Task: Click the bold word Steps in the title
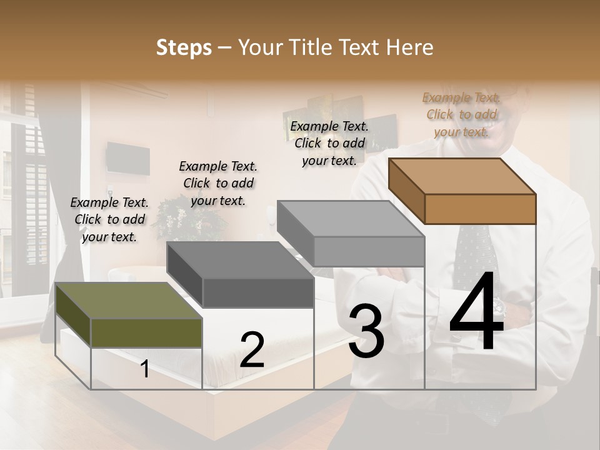(184, 47)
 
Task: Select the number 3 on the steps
(366, 331)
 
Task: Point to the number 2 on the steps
(252, 350)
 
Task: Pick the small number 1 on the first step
(145, 369)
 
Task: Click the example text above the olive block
(110, 219)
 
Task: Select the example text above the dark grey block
(218, 183)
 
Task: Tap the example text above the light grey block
(329, 143)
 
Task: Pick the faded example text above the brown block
(462, 114)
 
